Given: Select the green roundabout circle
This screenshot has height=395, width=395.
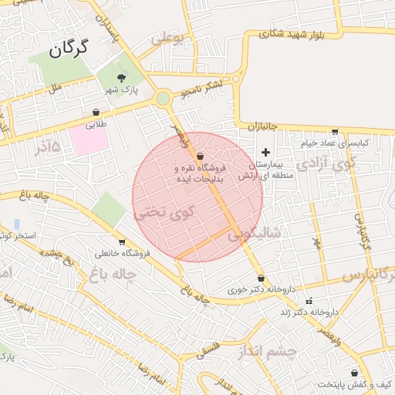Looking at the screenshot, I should pyautogui.click(x=162, y=99).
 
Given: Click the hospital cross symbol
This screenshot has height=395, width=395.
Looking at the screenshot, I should pyautogui.click(x=266, y=152).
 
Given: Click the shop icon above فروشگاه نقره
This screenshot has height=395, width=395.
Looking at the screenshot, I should pyautogui.click(x=200, y=157).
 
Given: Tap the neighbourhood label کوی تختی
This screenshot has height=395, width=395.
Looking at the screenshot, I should pyautogui.click(x=164, y=212).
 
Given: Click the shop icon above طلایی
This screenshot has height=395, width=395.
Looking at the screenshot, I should pyautogui.click(x=96, y=113).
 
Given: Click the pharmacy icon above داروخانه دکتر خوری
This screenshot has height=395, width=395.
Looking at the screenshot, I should pyautogui.click(x=261, y=279).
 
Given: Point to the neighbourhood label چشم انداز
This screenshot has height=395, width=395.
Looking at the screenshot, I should pyautogui.click(x=268, y=352).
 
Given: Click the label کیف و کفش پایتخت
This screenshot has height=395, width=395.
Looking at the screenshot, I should pyautogui.click(x=357, y=384).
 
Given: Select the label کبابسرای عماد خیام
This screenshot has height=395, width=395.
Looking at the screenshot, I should pyautogui.click(x=340, y=143).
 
